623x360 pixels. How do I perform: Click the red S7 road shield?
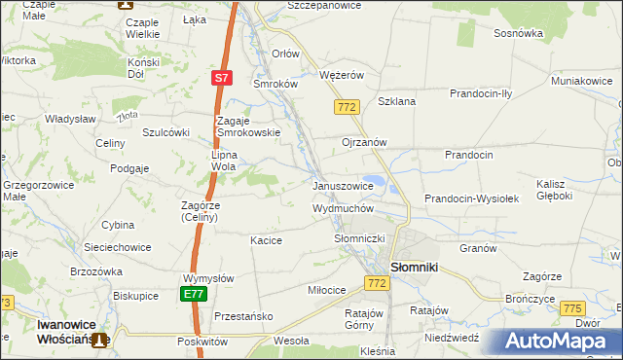click(x=222, y=77)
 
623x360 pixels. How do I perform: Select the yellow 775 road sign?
click(x=572, y=308)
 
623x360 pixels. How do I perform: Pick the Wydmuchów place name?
click(x=343, y=208)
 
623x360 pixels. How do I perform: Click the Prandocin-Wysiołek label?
click(x=472, y=198)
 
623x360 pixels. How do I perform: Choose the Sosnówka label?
click(x=518, y=32)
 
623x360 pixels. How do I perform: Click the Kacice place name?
click(x=266, y=240)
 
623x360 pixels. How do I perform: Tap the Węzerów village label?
click(x=342, y=74)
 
